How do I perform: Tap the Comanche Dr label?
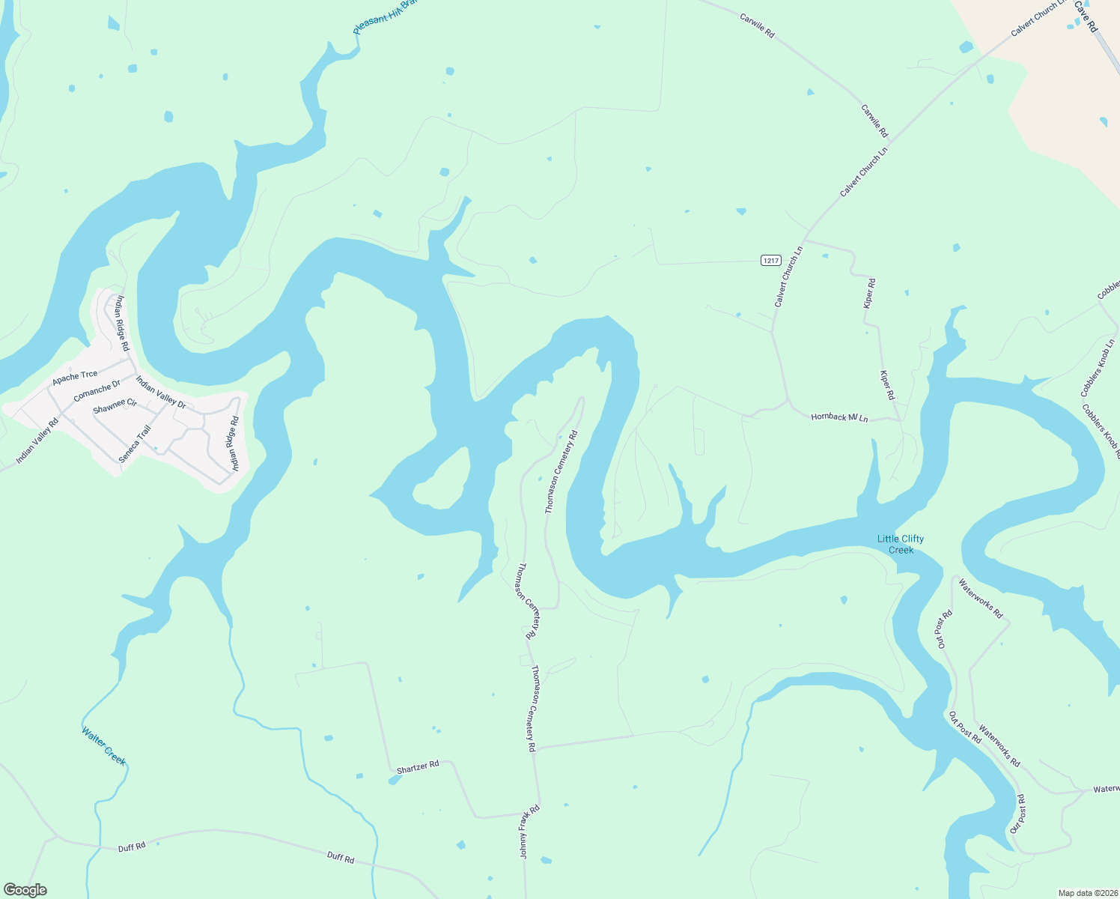pos(97,390)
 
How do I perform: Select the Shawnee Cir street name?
pos(115,407)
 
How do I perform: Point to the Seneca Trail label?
pos(136,444)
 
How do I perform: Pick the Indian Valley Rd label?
pos(37,441)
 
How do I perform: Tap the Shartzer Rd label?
pos(418,767)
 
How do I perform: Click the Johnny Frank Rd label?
pos(529,832)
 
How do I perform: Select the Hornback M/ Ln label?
pos(839,417)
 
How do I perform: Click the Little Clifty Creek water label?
pos(901,544)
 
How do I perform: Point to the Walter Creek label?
pos(104,746)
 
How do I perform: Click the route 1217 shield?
pos(771,260)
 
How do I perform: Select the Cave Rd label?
pos(1086,16)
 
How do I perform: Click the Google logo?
pos(25,890)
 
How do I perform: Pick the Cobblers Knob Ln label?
pos(1098,368)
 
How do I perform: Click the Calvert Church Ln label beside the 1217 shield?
pos(788,276)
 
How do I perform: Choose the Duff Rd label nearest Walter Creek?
pos(132,847)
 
